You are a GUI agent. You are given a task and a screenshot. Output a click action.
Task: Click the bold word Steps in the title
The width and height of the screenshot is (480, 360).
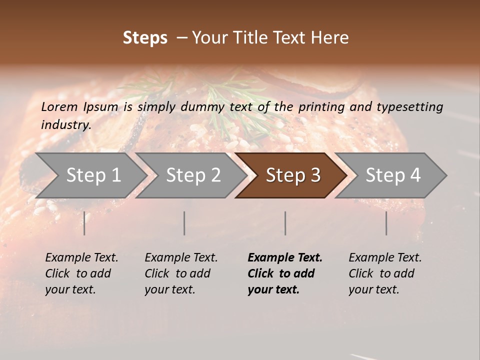point(145,38)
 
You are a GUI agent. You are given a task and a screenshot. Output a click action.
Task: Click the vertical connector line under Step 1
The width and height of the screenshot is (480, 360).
point(84,223)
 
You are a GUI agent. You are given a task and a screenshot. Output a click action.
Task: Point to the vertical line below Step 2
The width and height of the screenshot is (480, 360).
point(184,223)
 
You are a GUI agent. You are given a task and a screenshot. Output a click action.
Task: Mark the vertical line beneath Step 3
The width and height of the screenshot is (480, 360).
point(285,223)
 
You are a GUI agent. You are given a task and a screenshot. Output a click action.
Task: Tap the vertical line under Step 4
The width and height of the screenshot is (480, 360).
point(386,223)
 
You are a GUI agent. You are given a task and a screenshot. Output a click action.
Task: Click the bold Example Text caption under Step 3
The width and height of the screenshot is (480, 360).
point(285,273)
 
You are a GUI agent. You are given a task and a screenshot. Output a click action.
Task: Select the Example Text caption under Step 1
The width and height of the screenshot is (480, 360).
point(81,273)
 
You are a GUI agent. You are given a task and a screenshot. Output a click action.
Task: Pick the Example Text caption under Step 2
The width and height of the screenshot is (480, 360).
point(181,273)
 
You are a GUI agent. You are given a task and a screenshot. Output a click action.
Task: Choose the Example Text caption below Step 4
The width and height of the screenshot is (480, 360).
point(385,273)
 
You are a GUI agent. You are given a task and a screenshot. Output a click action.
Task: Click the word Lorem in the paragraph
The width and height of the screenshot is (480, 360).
point(59,106)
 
